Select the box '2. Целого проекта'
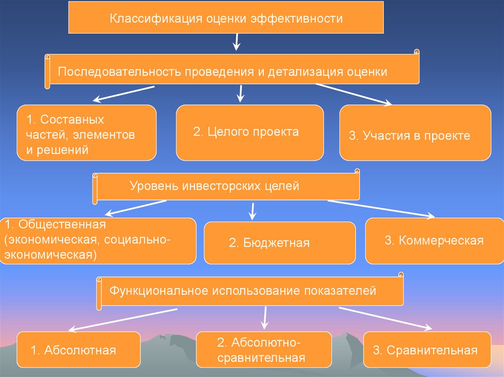click(250, 133)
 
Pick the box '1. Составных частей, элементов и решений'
click(87, 133)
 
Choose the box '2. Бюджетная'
click(279, 243)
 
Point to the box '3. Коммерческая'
click(434, 241)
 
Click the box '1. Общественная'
click(97, 241)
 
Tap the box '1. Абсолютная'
click(78, 350)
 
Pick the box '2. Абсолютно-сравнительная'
click(264, 350)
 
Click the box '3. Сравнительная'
click(427, 350)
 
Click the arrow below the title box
click(237, 42)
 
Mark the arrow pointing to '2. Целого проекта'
click(241, 93)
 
